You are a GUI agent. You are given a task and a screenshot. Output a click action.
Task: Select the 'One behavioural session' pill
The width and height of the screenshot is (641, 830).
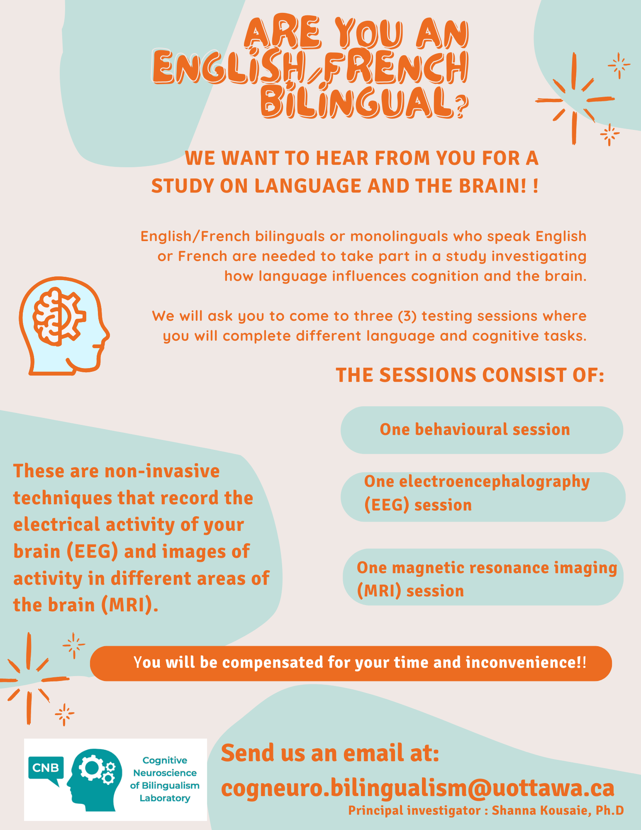pos(482,430)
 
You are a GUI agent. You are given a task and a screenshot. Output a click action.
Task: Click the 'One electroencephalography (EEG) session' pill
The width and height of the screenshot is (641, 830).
pos(483,497)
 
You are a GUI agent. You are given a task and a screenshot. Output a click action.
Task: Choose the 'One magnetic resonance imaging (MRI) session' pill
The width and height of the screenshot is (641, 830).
pos(483,577)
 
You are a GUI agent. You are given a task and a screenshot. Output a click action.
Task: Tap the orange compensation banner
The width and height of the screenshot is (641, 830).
pos(351,663)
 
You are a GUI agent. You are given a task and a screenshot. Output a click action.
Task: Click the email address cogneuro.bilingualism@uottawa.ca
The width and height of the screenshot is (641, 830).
pos(417,788)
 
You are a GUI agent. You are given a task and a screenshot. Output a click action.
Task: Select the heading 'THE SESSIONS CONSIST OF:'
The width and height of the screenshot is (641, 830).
pos(470,375)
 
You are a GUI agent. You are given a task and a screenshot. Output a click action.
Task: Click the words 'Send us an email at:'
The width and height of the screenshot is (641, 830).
pos(330,753)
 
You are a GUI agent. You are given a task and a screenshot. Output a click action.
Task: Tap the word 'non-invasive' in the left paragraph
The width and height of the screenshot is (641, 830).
pos(162,471)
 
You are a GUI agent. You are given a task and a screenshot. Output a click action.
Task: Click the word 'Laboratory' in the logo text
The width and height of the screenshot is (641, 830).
pos(165,798)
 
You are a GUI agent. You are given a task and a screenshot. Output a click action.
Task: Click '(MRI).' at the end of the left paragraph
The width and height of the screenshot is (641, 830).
pos(130,605)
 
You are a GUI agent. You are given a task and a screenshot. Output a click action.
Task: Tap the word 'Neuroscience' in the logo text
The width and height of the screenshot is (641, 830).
pos(165,773)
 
